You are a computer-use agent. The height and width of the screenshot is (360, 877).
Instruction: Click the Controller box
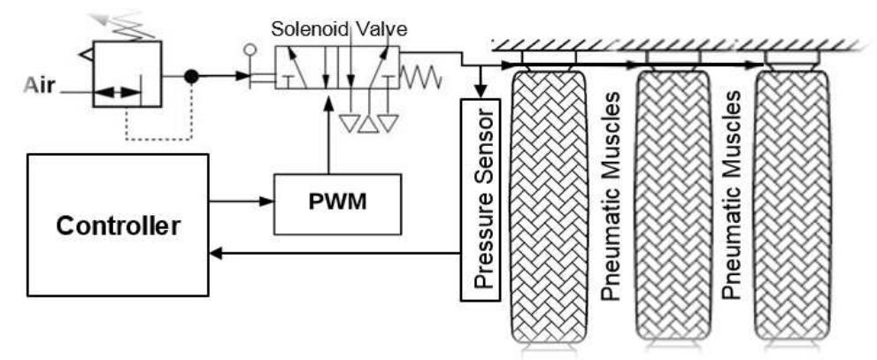[119, 225]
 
